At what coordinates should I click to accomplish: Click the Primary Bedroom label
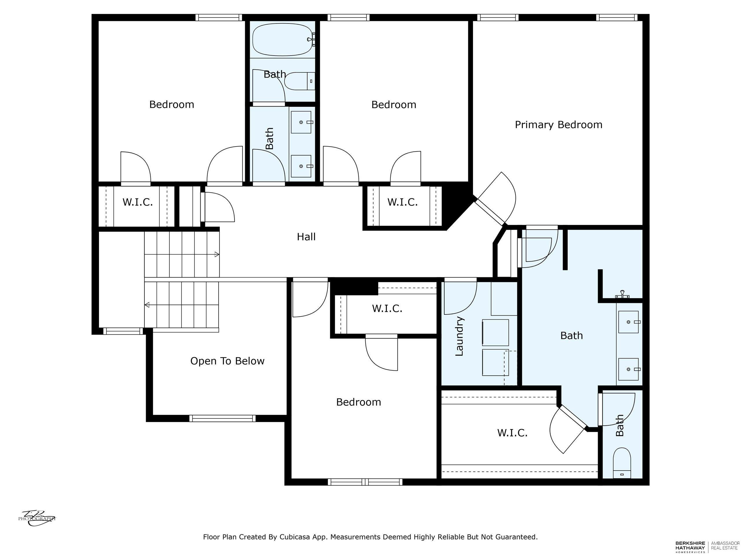[x=558, y=125]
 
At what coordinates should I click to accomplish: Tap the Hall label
[x=306, y=237]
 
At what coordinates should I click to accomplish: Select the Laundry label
[x=459, y=336]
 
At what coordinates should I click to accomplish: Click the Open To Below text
[x=228, y=361]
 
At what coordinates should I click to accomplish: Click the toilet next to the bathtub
[x=300, y=81]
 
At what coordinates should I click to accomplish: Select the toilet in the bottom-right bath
[x=622, y=462]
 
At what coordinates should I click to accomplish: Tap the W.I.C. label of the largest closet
[x=512, y=433]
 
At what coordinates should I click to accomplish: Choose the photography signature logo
[x=37, y=518]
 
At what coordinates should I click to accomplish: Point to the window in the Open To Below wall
[x=222, y=418]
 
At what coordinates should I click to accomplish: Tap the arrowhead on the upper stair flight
[x=217, y=254]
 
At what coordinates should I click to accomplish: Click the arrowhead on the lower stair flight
[x=147, y=305]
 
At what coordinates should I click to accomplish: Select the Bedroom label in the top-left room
[x=172, y=105]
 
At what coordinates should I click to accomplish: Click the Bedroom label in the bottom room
[x=358, y=402]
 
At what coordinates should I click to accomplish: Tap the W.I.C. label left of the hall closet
[x=138, y=202]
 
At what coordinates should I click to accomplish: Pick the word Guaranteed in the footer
[x=516, y=537]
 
